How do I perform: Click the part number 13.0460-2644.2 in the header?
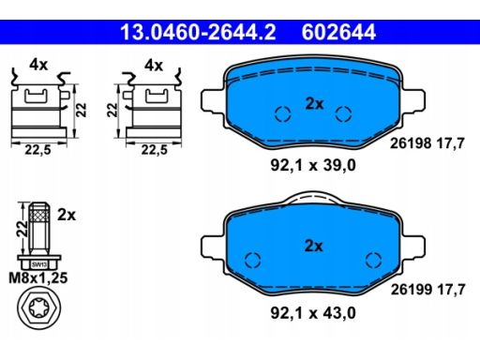click(198, 32)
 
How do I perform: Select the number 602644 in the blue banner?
click(338, 32)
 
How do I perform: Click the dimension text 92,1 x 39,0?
click(313, 165)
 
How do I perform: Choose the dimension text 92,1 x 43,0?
click(313, 313)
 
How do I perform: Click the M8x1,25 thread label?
click(38, 277)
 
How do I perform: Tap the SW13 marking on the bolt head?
click(39, 265)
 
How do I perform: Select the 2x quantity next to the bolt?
click(67, 215)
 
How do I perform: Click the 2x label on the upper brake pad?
click(314, 103)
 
